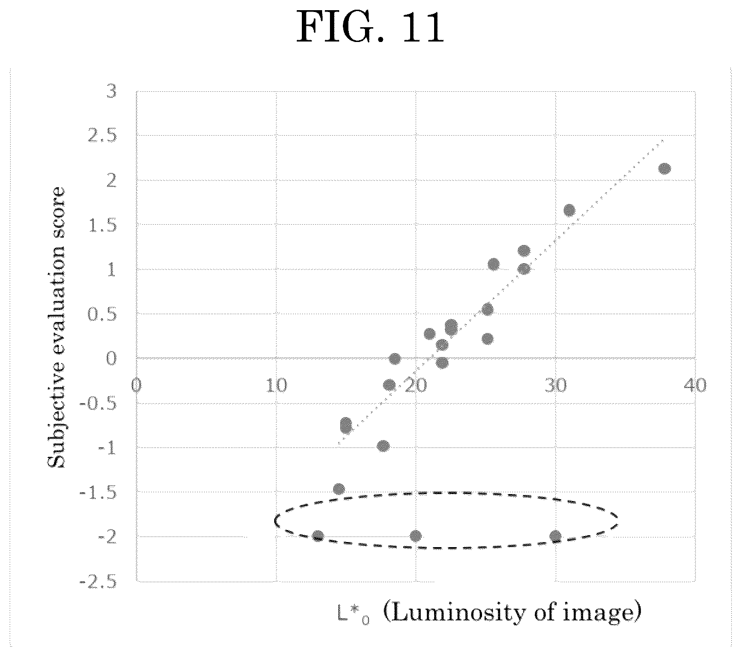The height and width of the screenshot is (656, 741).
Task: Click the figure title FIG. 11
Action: click(370, 28)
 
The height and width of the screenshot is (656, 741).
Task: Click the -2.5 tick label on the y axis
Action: click(98, 582)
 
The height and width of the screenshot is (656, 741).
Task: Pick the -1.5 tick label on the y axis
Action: click(98, 493)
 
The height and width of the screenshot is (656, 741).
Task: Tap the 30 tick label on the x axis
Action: click(556, 385)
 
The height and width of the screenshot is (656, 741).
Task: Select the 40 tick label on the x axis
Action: click(695, 385)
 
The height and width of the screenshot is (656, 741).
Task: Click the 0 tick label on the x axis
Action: click(136, 385)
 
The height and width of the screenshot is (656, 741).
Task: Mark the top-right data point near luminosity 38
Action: click(664, 168)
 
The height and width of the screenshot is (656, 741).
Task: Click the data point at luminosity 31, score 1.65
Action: click(570, 210)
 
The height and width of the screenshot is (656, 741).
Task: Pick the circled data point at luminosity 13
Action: click(318, 536)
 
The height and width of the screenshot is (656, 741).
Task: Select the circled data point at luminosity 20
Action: click(416, 536)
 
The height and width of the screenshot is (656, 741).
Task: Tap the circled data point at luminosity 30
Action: click(555, 536)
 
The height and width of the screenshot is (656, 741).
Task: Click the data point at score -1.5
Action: click(339, 489)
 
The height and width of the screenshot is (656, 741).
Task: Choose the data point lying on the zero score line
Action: click(395, 358)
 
